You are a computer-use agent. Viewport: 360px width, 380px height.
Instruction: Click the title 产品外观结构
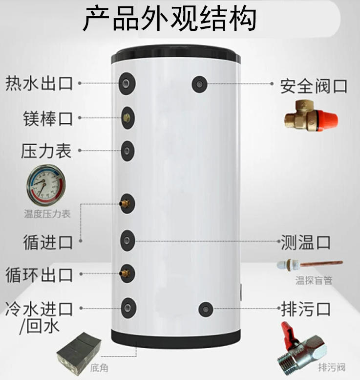(x=169, y=19)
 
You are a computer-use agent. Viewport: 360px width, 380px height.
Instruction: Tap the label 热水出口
(x=39, y=84)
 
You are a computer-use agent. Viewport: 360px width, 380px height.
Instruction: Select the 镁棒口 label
(x=48, y=118)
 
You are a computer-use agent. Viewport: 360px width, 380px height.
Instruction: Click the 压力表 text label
(x=46, y=151)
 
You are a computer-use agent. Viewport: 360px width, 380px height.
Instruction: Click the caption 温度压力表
(x=47, y=214)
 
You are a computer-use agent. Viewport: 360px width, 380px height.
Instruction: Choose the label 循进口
(x=48, y=242)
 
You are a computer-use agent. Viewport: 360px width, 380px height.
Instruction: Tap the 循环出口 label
(x=39, y=275)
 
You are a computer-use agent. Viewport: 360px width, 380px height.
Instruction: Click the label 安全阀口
(x=314, y=86)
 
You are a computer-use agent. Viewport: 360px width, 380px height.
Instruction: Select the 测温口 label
(x=305, y=242)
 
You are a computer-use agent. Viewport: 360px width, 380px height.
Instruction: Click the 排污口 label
(x=305, y=309)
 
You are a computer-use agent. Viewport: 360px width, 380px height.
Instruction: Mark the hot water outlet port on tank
(x=127, y=84)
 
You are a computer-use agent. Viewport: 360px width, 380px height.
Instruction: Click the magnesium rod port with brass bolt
(x=127, y=118)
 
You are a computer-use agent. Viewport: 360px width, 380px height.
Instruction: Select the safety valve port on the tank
(x=199, y=84)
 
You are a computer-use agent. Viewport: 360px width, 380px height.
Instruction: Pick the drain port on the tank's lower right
(x=206, y=309)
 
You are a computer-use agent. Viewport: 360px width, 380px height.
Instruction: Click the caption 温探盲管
(x=314, y=280)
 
